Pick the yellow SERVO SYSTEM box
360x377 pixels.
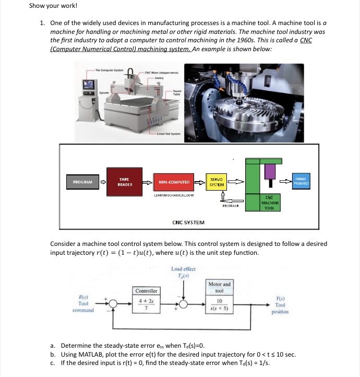coord(215,182)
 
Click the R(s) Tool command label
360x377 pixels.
coord(83,303)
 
